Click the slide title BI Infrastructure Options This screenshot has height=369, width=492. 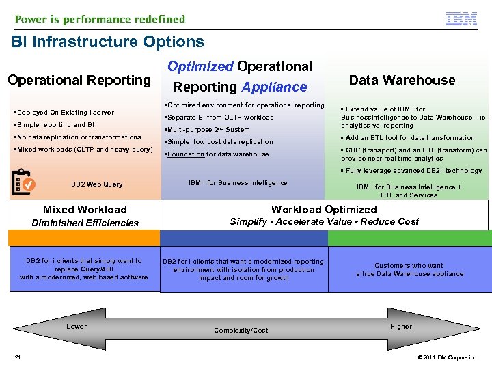point(107,42)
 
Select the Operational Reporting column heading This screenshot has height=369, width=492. point(79,80)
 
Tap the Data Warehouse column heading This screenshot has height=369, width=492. point(402,80)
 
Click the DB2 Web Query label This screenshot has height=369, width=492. point(97,184)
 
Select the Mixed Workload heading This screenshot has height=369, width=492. point(85,210)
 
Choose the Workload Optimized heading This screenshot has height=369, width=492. point(324,210)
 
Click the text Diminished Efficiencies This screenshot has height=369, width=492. point(85,223)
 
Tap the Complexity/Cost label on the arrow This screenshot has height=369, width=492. point(241,331)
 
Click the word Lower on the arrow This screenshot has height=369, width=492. point(77,327)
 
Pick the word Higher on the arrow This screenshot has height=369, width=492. point(401,327)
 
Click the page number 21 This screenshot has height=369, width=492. point(18,357)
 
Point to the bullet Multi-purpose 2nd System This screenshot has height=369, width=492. point(208,130)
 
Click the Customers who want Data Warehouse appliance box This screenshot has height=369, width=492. point(409,270)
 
